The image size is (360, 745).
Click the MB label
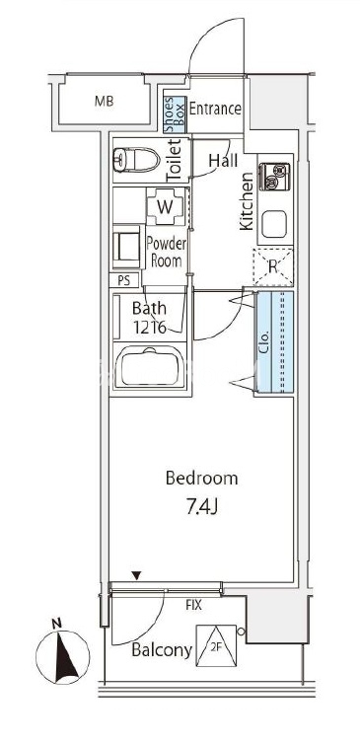(x=104, y=102)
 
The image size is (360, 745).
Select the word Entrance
(x=215, y=109)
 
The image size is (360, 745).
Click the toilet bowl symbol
(x=136, y=160)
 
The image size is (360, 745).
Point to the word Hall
(x=223, y=161)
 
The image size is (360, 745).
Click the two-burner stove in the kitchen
(x=274, y=177)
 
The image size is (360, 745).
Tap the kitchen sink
(x=274, y=223)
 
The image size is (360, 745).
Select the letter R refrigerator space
(x=272, y=267)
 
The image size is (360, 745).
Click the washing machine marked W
(x=165, y=206)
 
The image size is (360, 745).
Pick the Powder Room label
(x=167, y=253)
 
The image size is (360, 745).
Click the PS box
(x=124, y=280)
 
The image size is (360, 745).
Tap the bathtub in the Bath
(x=151, y=367)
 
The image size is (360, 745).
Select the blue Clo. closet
(x=274, y=342)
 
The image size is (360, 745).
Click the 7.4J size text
(x=201, y=508)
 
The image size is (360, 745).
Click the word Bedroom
(x=201, y=478)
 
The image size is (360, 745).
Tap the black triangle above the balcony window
(x=137, y=576)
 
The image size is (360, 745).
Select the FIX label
(x=193, y=605)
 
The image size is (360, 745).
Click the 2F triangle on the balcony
(x=216, y=645)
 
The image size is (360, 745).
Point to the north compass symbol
(x=62, y=656)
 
